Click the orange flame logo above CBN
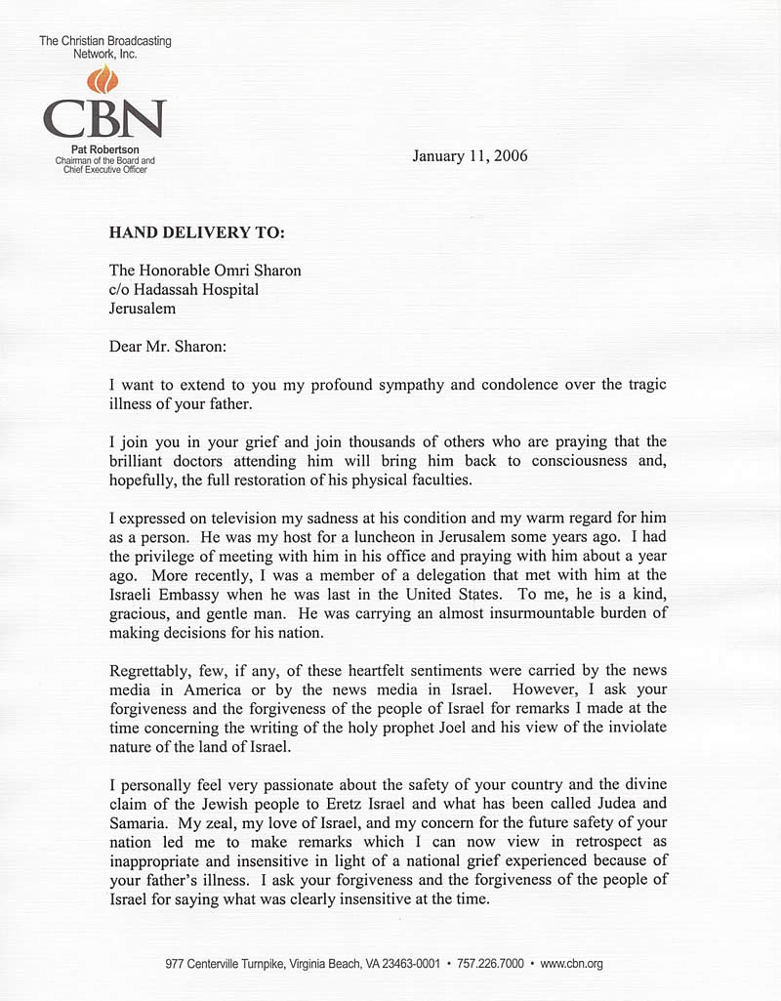[x=102, y=80]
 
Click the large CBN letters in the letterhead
[x=103, y=119]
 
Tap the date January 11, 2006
[x=470, y=155]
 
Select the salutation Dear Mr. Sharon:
[x=168, y=345]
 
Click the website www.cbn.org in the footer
[x=571, y=963]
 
